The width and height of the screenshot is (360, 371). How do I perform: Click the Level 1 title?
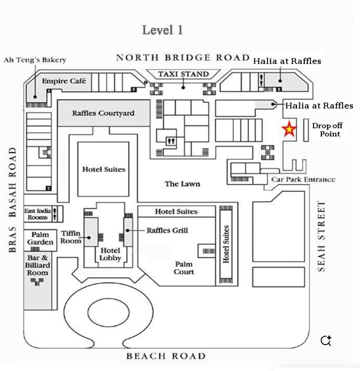[162, 30]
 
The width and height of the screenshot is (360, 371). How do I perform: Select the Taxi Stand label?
[183, 74]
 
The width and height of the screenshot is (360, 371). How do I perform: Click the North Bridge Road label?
[183, 57]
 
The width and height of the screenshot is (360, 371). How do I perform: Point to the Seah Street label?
[322, 236]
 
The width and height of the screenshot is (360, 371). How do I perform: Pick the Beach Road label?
[166, 356]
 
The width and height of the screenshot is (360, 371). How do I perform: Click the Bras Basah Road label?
[13, 200]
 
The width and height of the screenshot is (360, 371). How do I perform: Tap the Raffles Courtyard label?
[103, 113]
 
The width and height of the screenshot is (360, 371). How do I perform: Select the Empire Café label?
[64, 81]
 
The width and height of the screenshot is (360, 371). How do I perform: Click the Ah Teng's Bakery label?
[35, 60]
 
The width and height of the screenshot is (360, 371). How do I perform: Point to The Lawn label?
[182, 184]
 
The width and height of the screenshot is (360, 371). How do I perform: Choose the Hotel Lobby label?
[110, 254]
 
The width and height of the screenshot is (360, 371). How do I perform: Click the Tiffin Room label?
[71, 237]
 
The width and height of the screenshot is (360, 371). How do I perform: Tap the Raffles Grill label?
[167, 230]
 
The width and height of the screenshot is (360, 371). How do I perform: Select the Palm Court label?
[184, 268]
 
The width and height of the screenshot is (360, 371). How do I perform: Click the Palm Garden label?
[40, 238]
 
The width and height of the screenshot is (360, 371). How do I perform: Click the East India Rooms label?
[37, 214]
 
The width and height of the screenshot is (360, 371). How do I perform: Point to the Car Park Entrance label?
[303, 179]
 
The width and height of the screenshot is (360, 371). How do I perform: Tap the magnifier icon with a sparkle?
[326, 341]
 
